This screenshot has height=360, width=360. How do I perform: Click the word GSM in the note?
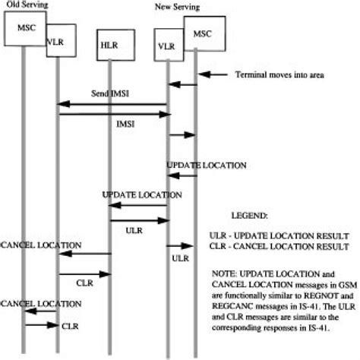click(333, 281)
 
